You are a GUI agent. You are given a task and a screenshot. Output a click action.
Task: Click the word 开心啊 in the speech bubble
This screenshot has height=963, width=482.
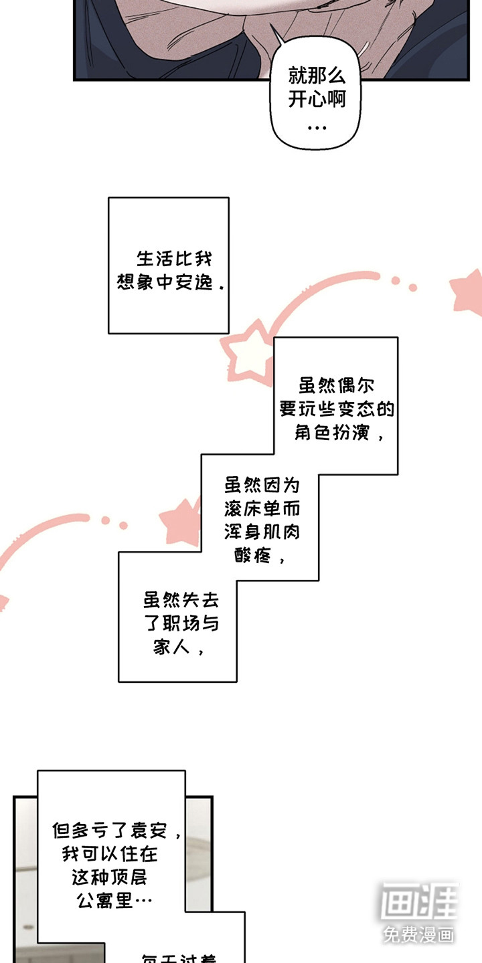click(317, 100)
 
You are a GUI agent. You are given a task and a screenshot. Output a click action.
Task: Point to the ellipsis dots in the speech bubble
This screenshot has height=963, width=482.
click(316, 126)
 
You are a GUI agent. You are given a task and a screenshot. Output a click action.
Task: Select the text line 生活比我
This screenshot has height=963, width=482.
click(174, 259)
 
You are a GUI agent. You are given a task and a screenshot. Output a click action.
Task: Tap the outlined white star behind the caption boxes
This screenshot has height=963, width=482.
click(247, 356)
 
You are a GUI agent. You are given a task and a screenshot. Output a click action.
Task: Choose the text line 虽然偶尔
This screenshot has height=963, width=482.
click(336, 386)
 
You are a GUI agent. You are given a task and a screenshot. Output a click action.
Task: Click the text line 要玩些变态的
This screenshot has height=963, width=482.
click(337, 409)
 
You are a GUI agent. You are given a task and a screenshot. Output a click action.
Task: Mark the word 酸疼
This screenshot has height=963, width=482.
click(252, 555)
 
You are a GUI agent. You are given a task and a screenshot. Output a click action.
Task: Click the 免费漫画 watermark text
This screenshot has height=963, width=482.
click(419, 935)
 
